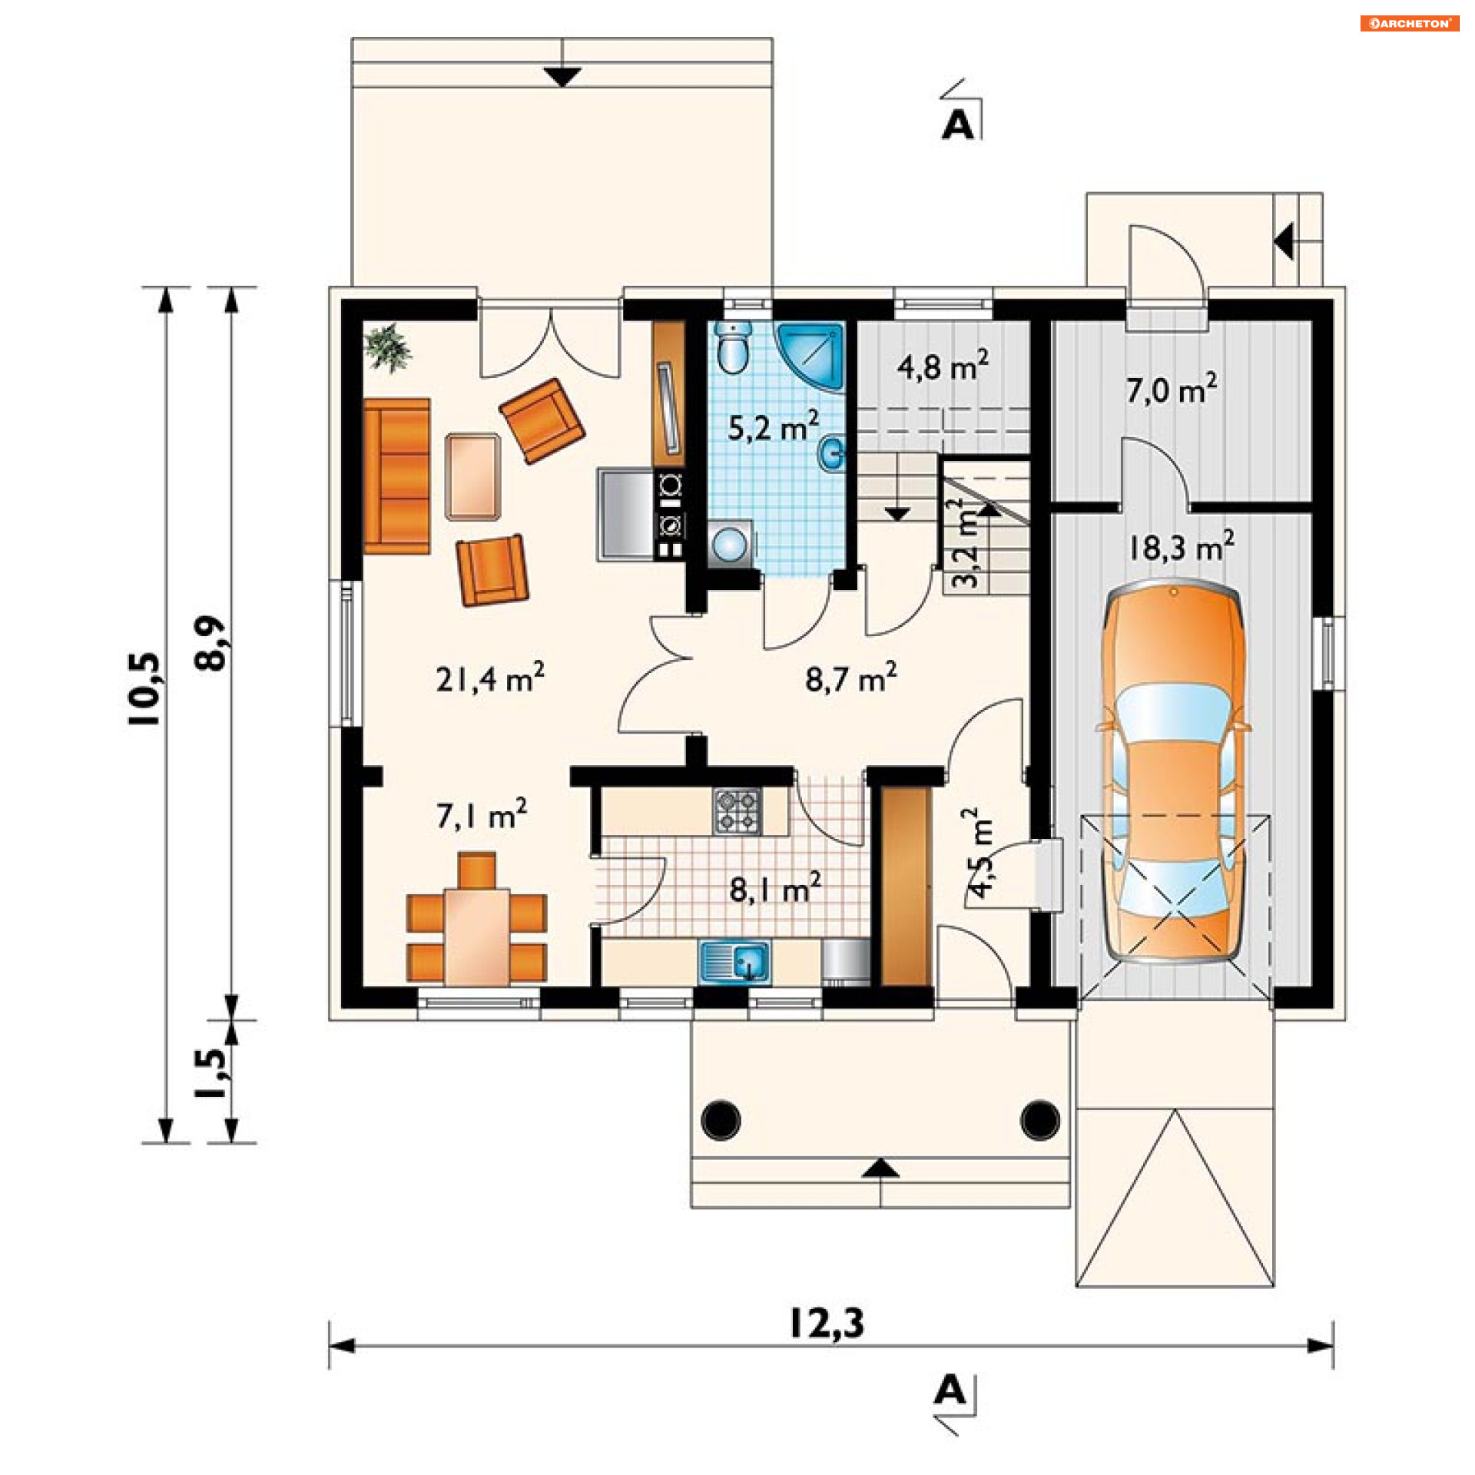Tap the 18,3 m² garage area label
point(1182,546)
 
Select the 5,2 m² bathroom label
point(773,426)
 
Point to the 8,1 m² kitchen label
point(775,888)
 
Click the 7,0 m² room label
point(1172,389)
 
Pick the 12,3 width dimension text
point(827,1324)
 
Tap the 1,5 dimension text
point(211,1072)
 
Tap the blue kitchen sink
point(734,961)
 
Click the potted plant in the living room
point(389,348)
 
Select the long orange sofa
point(396,476)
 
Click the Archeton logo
point(1410,24)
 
